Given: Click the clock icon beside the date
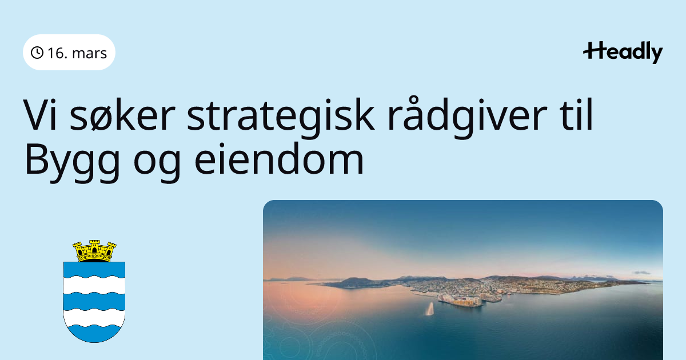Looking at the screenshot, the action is pyautogui.click(x=37, y=53).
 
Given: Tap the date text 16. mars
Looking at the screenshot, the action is pyautogui.click(x=77, y=53).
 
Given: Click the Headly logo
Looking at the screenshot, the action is pyautogui.click(x=623, y=53).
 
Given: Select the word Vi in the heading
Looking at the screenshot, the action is pyautogui.click(x=40, y=115).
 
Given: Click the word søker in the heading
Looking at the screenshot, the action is pyautogui.click(x=122, y=115).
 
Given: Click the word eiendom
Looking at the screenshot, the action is pyautogui.click(x=279, y=159).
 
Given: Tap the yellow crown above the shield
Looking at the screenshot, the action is pyautogui.click(x=94, y=251).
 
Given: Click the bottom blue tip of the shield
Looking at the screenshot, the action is pyautogui.click(x=94, y=339).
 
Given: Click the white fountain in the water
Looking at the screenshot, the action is pyautogui.click(x=430, y=309).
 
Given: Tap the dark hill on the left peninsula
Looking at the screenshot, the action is pyautogui.click(x=355, y=282).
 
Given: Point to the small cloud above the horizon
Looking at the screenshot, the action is pyautogui.click(x=641, y=273).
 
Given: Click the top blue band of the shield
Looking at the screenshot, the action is pyautogui.click(x=94, y=269).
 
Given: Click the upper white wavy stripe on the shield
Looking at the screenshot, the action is pyautogui.click(x=94, y=285).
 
